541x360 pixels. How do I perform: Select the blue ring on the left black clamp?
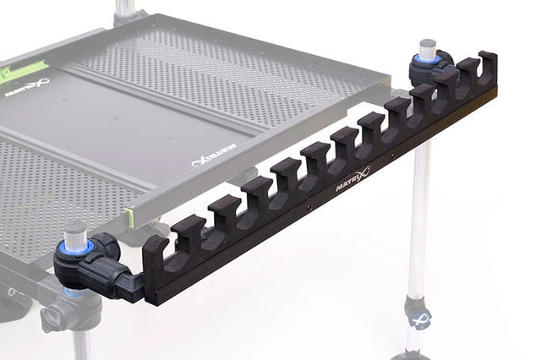click(74, 247)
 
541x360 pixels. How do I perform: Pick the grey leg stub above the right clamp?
click(428, 47)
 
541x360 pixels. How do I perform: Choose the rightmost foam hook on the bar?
click(487, 68)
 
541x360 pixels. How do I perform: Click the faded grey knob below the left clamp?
click(57, 317)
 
